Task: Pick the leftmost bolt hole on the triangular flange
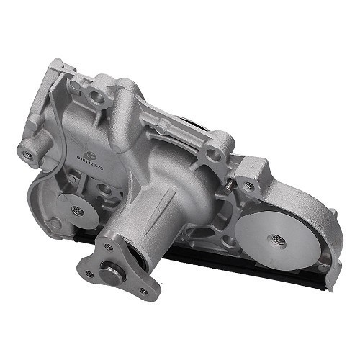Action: [x=89, y=274]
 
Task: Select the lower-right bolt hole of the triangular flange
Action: [x=144, y=291]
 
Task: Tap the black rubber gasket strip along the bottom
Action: [x=216, y=266]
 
